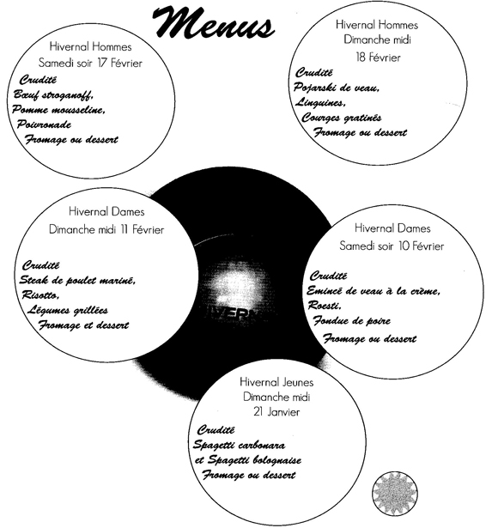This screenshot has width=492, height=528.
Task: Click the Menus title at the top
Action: [x=213, y=22]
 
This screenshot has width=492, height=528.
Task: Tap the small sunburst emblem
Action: [x=395, y=493]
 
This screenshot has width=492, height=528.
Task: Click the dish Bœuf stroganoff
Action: [x=53, y=95]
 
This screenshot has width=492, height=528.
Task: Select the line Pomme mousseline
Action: [x=58, y=110]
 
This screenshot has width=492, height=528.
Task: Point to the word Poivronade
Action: [x=44, y=124]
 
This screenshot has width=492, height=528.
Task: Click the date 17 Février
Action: [x=120, y=63]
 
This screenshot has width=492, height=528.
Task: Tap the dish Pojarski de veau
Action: [x=337, y=88]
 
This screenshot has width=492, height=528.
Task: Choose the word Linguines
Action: [x=320, y=102]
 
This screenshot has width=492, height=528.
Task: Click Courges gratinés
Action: [x=342, y=118]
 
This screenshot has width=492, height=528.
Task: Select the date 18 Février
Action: [x=378, y=58]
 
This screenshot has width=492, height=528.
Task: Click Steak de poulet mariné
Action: [x=77, y=280]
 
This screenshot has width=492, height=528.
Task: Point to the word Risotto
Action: [x=40, y=295]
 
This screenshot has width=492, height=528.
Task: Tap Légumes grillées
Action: [x=67, y=310]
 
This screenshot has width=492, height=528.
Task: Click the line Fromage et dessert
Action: [x=83, y=325]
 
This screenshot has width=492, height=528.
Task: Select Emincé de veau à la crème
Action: [x=374, y=291]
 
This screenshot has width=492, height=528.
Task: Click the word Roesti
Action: [x=325, y=306]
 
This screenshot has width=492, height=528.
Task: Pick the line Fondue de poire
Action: [x=351, y=320]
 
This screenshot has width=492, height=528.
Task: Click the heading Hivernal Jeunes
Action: [x=276, y=382]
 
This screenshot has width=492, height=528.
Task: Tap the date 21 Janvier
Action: [x=276, y=412]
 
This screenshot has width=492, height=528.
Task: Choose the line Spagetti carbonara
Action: [x=239, y=446]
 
